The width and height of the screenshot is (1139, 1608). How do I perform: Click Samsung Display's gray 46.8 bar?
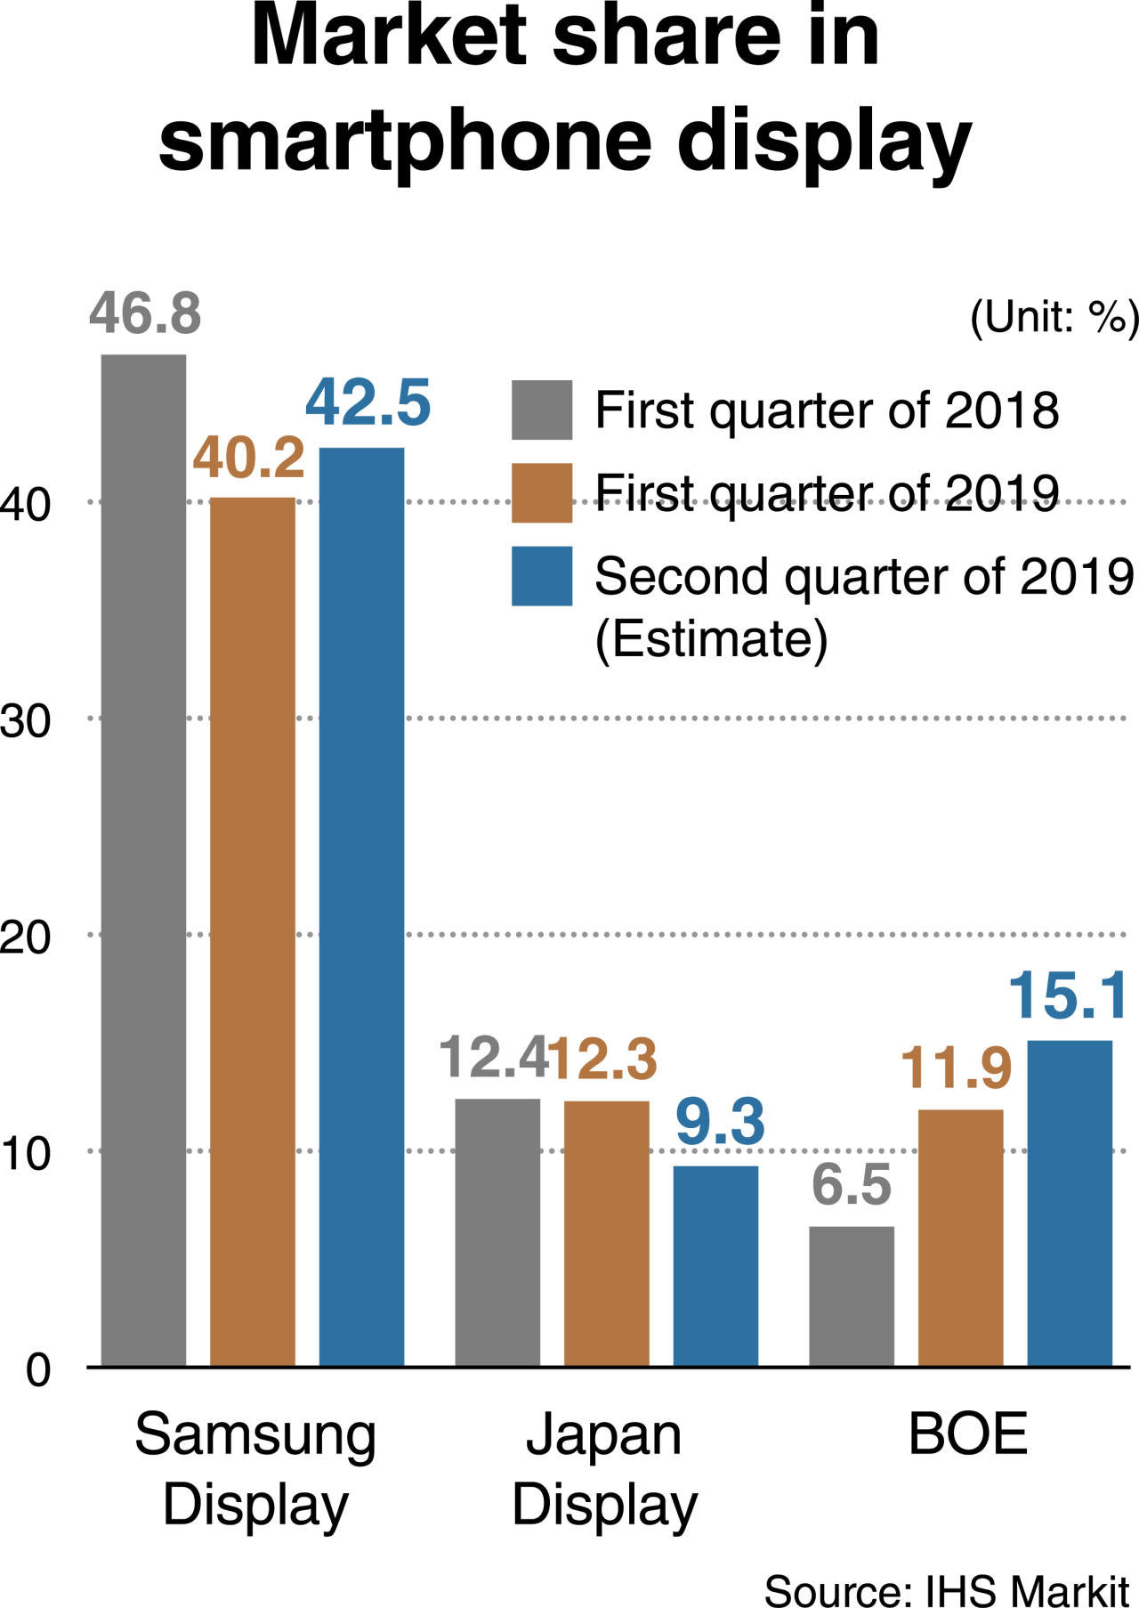[143, 859]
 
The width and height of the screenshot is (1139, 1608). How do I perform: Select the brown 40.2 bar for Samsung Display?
[252, 930]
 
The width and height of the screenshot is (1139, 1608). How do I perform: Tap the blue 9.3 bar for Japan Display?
[715, 1264]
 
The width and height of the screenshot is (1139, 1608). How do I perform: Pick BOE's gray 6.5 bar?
[851, 1295]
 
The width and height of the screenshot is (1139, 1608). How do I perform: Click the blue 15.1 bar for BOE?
[1069, 1202]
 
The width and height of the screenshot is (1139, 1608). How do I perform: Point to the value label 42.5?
[368, 402]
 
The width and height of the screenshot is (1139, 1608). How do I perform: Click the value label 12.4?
[492, 1057]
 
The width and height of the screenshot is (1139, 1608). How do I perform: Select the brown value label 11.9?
[956, 1068]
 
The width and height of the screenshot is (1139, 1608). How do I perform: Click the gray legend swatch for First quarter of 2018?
[541, 410]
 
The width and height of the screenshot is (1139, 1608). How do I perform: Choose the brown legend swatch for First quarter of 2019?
[541, 492]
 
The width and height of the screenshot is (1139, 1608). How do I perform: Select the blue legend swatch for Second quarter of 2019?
[541, 576]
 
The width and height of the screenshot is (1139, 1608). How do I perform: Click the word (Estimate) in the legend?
[711, 639]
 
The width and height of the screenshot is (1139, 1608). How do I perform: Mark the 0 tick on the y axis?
[37, 1369]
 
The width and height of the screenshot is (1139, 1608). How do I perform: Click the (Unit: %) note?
[1054, 317]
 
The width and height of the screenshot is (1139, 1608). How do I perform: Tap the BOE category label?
[967, 1434]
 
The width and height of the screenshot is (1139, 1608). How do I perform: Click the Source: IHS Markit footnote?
[946, 1589]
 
